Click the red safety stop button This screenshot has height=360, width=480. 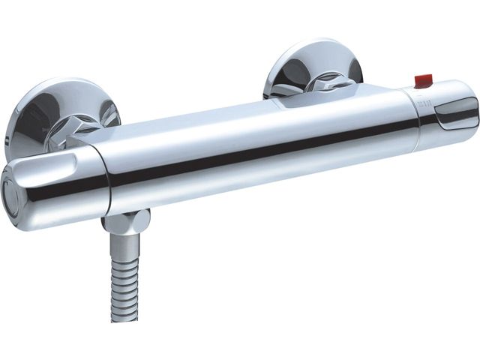(424, 79)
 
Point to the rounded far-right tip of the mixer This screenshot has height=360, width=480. (474, 109)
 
